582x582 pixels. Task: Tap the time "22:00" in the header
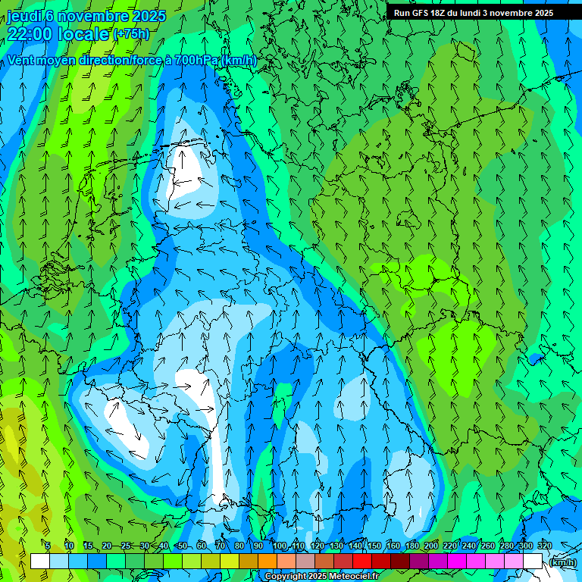click(x=32, y=34)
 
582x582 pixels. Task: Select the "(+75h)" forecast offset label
click(x=131, y=34)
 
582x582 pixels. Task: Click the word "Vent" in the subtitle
click(x=21, y=61)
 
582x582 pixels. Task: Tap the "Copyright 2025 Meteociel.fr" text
click(x=321, y=577)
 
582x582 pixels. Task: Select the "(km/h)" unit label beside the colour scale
click(x=562, y=562)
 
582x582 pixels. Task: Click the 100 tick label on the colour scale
click(x=280, y=546)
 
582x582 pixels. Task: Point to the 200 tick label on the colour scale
click(x=431, y=546)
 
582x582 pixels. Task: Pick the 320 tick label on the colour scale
click(x=545, y=546)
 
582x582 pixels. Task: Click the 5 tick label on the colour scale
click(x=48, y=546)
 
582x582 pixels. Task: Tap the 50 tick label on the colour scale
click(x=183, y=546)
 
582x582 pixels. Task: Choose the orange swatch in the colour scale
click(x=267, y=562)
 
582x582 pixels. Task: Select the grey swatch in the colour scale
click(x=305, y=562)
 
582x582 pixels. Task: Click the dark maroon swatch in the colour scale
click(x=399, y=562)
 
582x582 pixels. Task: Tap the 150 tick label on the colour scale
click(x=374, y=546)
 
